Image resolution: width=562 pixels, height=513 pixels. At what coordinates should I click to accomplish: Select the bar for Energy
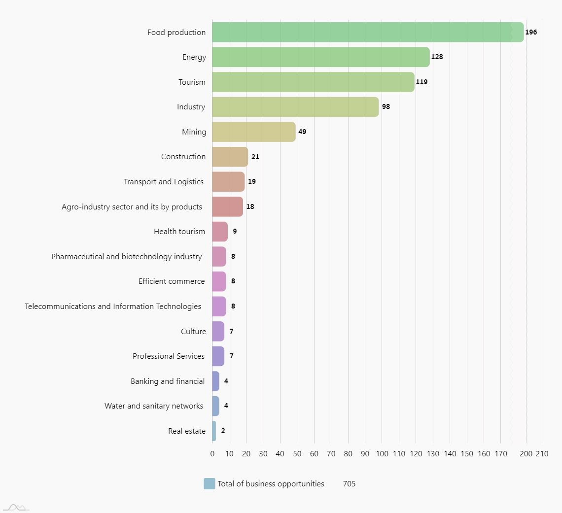click(320, 57)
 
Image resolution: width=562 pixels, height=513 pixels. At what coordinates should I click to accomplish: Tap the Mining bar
click(253, 132)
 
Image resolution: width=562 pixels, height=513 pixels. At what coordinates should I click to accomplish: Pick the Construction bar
click(230, 157)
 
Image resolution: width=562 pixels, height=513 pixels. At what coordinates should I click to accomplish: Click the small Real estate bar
click(214, 431)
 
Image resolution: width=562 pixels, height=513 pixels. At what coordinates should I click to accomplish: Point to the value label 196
click(531, 32)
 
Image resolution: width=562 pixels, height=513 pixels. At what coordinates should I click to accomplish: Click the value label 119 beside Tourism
click(421, 82)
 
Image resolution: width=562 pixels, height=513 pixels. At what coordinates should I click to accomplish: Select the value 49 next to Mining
click(302, 132)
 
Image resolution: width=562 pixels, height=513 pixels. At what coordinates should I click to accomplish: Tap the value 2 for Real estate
click(223, 431)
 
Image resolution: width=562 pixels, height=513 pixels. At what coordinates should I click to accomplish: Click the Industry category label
click(191, 107)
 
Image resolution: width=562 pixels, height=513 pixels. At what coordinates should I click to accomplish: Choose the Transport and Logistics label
click(164, 182)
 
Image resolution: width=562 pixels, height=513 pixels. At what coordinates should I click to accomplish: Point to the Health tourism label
click(179, 232)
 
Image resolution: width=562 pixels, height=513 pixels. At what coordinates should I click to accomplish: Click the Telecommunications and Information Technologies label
click(113, 307)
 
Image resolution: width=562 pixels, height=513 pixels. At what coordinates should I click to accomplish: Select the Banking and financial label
click(168, 381)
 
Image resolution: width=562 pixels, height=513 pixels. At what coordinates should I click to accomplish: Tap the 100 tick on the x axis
click(382, 453)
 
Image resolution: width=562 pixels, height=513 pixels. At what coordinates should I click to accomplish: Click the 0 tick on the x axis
click(212, 453)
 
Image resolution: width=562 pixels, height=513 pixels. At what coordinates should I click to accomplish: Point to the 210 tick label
click(542, 453)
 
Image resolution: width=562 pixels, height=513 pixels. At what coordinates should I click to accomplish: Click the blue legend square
click(210, 484)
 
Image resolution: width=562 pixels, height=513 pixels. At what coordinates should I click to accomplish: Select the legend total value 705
click(349, 484)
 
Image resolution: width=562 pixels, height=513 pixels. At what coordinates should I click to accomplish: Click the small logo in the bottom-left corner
click(16, 507)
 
